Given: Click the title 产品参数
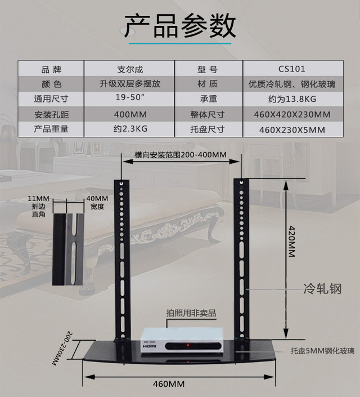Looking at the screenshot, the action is [180, 26].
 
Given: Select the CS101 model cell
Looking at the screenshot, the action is [291, 70].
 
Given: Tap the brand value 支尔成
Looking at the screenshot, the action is [130, 70].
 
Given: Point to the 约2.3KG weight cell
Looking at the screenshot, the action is [130, 129].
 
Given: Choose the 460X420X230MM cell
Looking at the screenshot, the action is [291, 114].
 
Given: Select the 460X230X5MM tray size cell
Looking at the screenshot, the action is [291, 129].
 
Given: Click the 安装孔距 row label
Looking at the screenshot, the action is [51, 114].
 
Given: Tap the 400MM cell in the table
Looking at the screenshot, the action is [130, 114].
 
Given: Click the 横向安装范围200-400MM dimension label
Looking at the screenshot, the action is [180, 154].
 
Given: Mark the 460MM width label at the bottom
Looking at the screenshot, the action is [169, 385].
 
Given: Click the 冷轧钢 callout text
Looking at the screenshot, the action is [322, 289].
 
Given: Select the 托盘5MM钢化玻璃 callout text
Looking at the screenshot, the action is [322, 351].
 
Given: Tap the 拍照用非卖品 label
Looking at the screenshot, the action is [191, 313].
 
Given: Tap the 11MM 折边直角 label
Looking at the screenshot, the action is [39, 203].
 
